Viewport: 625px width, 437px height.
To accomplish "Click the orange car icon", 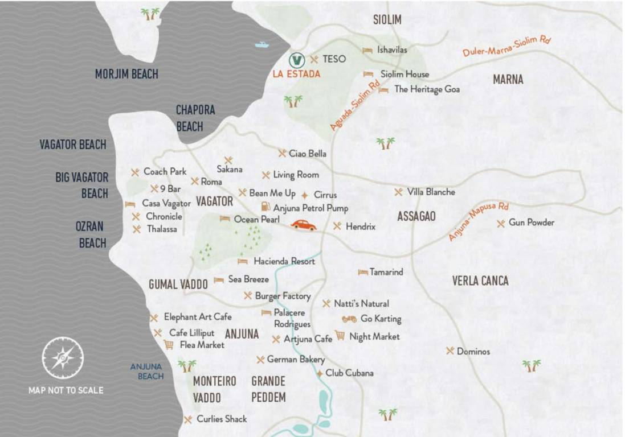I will tap(303, 225).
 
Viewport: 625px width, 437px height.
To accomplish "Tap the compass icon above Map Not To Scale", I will tap(63, 358).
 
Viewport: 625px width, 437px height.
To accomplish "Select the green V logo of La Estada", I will tap(296, 60).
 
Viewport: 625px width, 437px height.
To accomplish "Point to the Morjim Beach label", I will tap(126, 74).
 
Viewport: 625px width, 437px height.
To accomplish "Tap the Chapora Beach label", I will tap(195, 118).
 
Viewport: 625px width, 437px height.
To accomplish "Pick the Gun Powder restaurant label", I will tap(531, 222).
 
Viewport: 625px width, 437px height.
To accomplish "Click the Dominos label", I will tap(473, 352).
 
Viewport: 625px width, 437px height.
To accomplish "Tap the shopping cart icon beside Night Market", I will tap(340, 335).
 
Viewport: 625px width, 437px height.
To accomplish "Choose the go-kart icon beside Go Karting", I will tap(349, 319).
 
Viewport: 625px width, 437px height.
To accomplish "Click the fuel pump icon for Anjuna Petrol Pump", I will tap(265, 207).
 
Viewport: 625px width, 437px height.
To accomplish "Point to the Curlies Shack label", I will tap(222, 419).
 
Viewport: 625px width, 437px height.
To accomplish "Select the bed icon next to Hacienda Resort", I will tap(243, 261).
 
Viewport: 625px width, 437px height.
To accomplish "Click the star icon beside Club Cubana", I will tap(320, 373).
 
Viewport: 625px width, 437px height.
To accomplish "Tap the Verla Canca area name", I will tap(480, 281).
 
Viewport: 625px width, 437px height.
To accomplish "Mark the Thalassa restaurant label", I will tap(161, 229).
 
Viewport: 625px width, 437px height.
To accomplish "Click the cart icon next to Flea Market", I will tap(169, 345).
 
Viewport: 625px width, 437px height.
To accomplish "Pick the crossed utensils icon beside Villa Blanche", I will tap(398, 192).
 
